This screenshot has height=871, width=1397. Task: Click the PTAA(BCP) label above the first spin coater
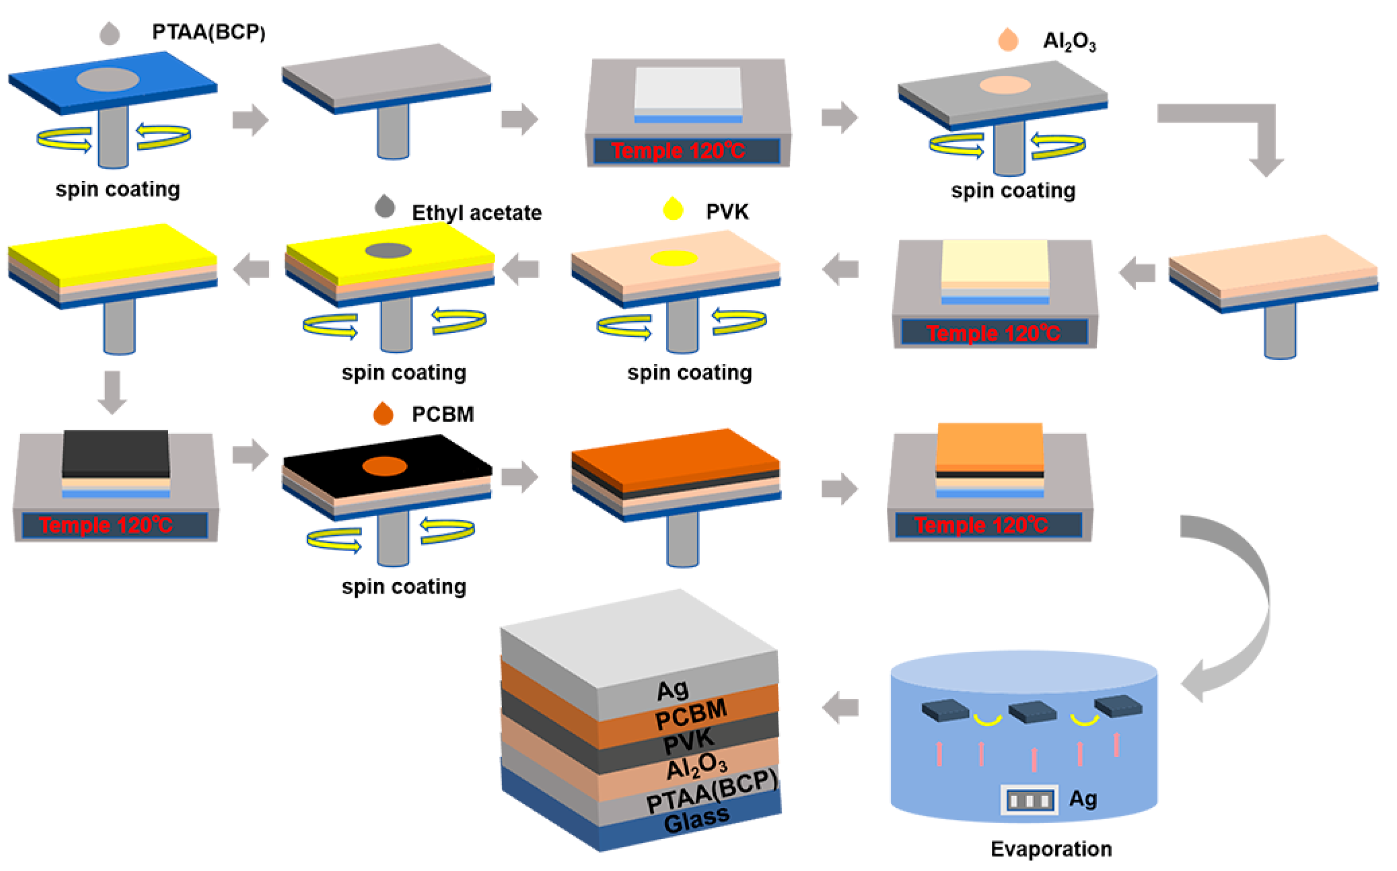click(208, 32)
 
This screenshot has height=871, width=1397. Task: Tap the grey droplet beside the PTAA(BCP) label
click(110, 34)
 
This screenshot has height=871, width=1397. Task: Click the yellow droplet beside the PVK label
click(673, 209)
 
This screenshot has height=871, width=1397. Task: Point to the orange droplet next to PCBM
click(383, 413)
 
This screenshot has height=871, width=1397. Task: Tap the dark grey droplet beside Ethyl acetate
click(385, 206)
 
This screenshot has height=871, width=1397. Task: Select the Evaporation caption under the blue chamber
click(1051, 849)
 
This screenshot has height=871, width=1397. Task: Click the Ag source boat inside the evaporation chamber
click(1029, 800)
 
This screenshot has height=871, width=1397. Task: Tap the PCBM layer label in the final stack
click(691, 715)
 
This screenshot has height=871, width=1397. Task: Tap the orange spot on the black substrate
click(385, 466)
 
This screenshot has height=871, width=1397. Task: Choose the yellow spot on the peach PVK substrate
click(674, 258)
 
